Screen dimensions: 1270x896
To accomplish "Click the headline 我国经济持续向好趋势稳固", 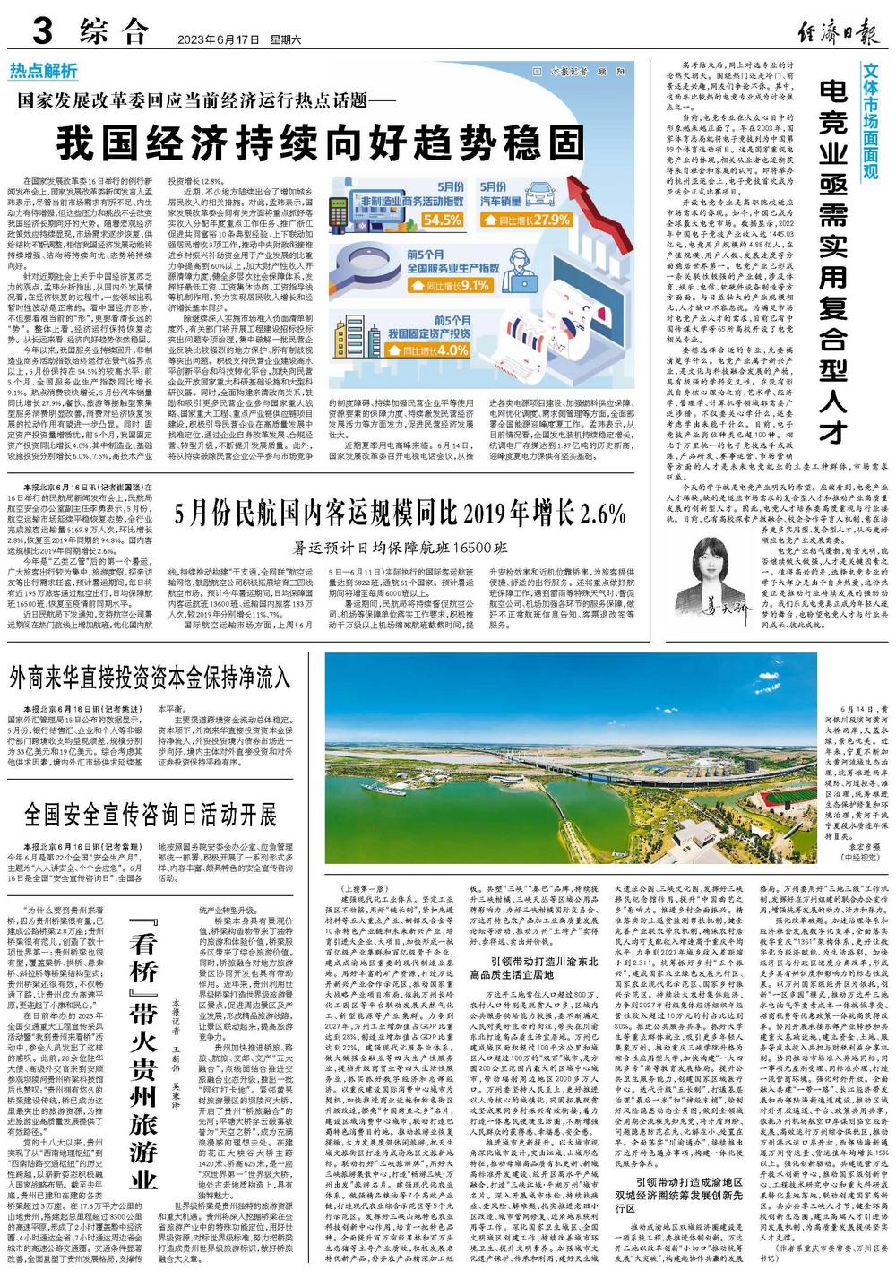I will click(x=318, y=141).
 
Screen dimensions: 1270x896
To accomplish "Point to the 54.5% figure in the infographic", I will click(x=443, y=220).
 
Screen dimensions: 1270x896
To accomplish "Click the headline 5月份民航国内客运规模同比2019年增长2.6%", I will click(x=400, y=513).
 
